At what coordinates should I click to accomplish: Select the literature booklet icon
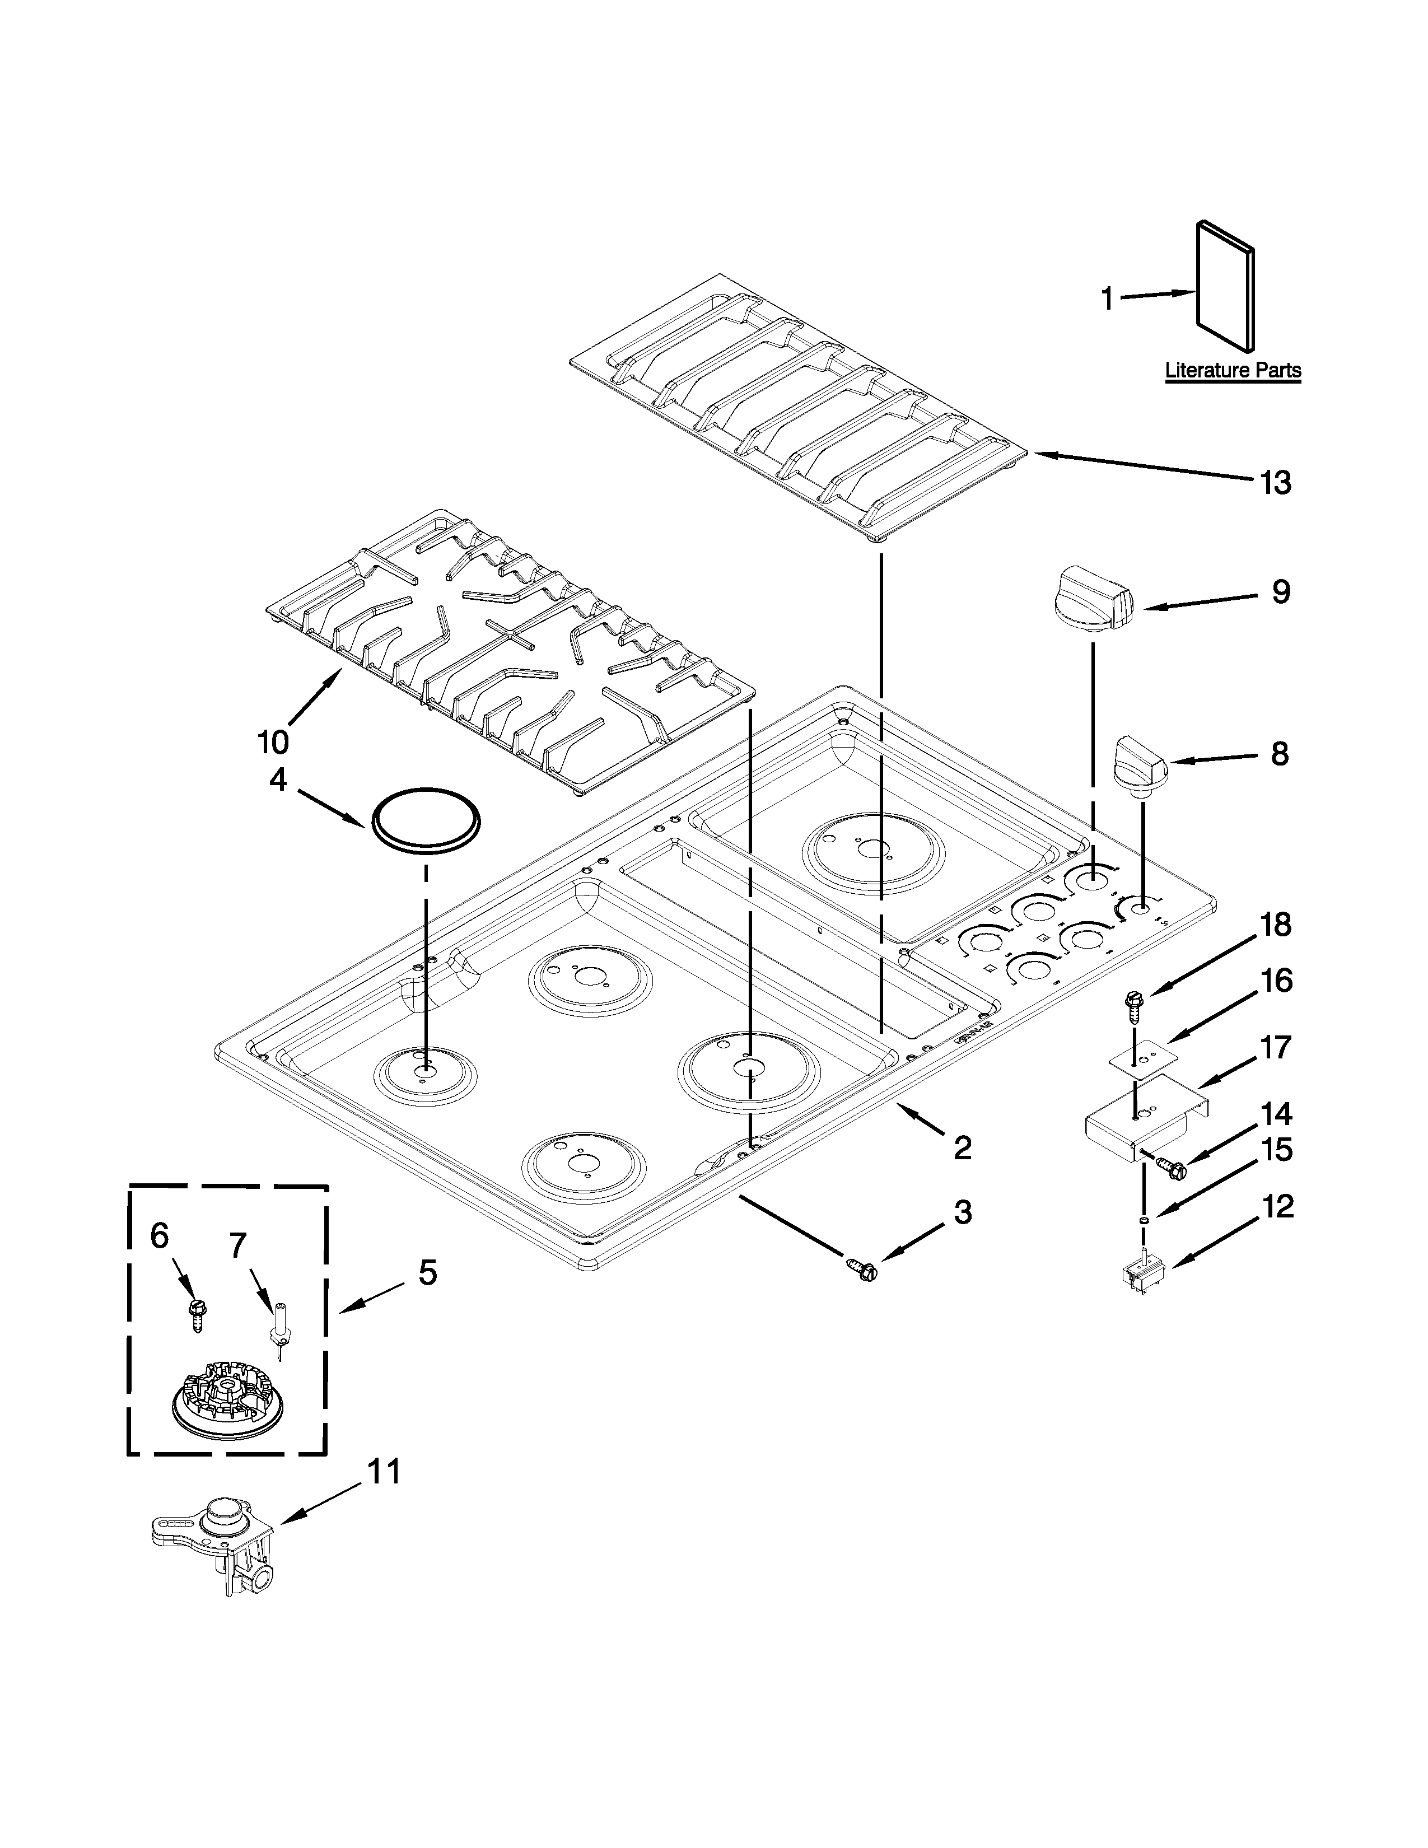[1225, 286]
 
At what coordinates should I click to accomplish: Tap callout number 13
[1276, 483]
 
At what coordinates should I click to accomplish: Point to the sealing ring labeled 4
[426, 818]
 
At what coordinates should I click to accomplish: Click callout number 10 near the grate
[273, 742]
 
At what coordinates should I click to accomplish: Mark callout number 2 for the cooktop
[962, 1148]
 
